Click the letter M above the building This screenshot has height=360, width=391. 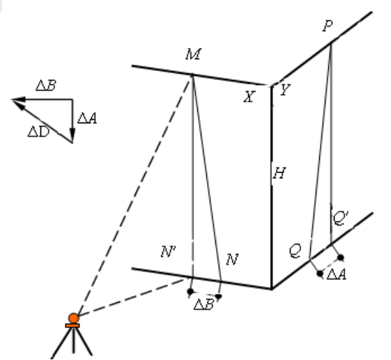coord(193,54)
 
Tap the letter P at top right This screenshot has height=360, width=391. coord(328,26)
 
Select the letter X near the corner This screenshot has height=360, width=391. coord(249,96)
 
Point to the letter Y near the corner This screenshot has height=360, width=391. coord(285,89)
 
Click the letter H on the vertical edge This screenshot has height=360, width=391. coord(279,173)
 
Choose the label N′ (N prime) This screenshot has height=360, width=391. coord(169,251)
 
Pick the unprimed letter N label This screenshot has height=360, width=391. coord(232,259)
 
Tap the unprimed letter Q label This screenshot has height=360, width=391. coord(295,251)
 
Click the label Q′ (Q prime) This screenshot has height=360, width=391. coord(340,218)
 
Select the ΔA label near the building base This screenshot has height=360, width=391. coord(337,274)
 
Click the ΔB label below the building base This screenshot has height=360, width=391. coord(204,304)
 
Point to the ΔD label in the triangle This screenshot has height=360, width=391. coord(38,132)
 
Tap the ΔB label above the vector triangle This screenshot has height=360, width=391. coord(46,86)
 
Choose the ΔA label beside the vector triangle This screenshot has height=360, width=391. coord(87,118)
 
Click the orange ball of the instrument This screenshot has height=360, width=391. coord(74,318)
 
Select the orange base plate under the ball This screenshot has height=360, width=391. coord(72,326)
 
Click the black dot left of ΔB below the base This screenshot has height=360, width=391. coord(190,291)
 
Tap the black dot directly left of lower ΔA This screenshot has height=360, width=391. coord(320,274)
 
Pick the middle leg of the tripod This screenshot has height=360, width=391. coord(73,341)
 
